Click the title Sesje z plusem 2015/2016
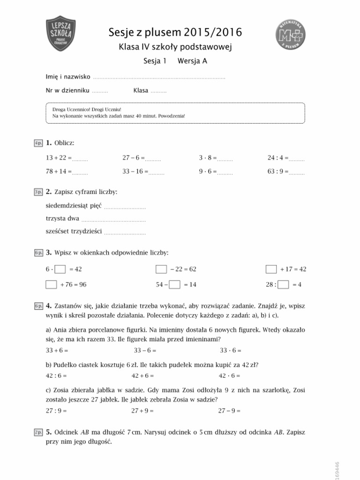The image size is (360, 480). (x=175, y=32)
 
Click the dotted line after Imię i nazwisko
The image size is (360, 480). (x=159, y=77)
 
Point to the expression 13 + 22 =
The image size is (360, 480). (x=59, y=159)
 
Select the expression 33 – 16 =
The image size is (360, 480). (x=135, y=172)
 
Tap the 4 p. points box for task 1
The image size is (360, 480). (x=38, y=142)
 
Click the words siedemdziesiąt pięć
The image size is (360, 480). (x=74, y=206)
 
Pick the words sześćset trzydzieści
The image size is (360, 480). (x=74, y=232)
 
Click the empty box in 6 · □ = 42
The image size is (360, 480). (x=60, y=269)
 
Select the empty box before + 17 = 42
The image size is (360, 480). (x=271, y=269)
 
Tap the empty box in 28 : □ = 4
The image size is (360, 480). (x=283, y=284)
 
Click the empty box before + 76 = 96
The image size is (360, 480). (x=51, y=284)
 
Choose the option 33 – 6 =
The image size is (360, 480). (x=145, y=350)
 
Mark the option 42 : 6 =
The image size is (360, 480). (x=56, y=375)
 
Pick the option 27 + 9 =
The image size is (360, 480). (x=143, y=411)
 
